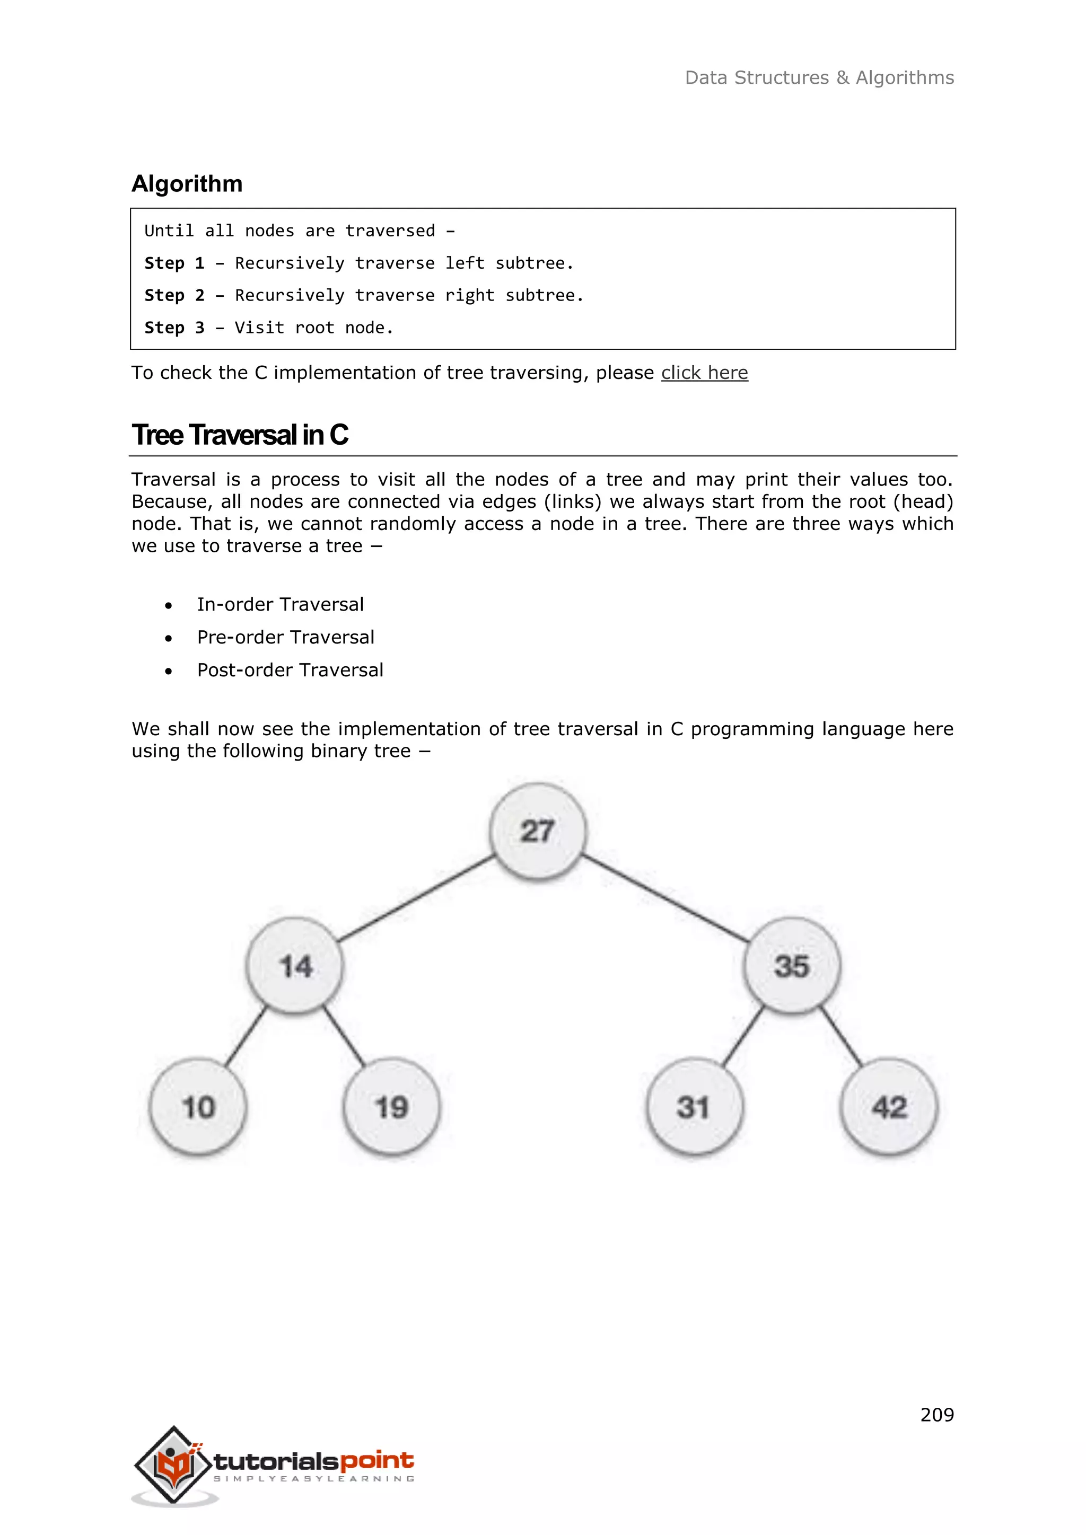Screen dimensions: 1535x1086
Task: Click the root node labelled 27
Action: [x=538, y=831]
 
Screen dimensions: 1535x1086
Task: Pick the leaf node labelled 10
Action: [x=198, y=1106]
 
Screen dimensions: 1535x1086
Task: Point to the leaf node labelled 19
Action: [x=392, y=1106]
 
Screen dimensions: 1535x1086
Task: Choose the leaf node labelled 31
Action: [x=694, y=1106]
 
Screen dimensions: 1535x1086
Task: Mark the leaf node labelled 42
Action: [x=889, y=1106]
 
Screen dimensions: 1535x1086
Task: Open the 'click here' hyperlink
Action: [x=704, y=373]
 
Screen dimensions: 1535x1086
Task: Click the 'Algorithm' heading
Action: [x=187, y=184]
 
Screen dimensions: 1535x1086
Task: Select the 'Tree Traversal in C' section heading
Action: [x=239, y=435]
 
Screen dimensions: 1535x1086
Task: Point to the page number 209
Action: [x=937, y=1415]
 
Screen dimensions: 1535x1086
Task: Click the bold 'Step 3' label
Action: [x=174, y=328]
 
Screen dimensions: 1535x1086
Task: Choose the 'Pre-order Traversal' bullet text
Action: [x=285, y=637]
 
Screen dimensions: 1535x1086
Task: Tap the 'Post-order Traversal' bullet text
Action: [x=290, y=670]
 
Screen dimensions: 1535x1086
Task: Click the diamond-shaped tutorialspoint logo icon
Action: [x=174, y=1464]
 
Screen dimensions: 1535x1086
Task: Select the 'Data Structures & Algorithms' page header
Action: [x=819, y=77]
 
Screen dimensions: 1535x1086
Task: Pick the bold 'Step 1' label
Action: [x=174, y=263]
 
